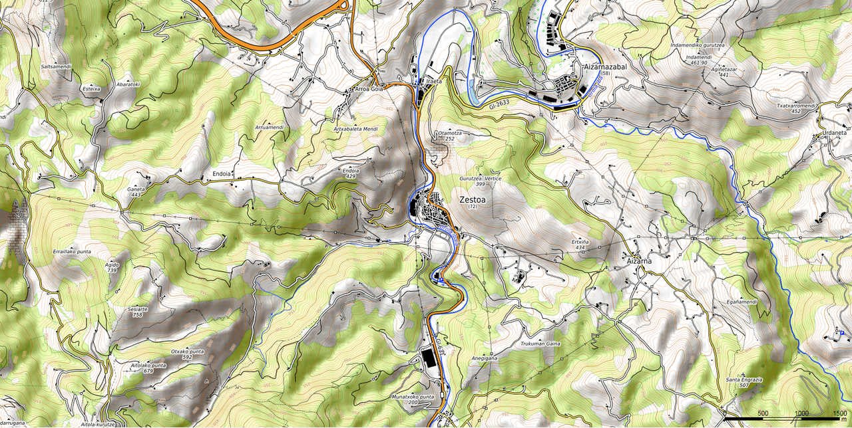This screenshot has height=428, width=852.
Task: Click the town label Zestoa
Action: point(473,199)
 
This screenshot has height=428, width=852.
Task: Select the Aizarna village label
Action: point(638,261)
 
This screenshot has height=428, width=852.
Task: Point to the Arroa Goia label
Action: point(369,88)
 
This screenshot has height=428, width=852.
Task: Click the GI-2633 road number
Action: point(499,104)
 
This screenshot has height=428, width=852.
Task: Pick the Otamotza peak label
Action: point(450,133)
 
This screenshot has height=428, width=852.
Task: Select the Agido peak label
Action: point(112,265)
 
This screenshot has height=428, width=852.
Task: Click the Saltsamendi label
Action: point(56,67)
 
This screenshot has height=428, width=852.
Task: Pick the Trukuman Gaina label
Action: point(540,344)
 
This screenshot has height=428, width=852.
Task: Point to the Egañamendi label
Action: point(742,302)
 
